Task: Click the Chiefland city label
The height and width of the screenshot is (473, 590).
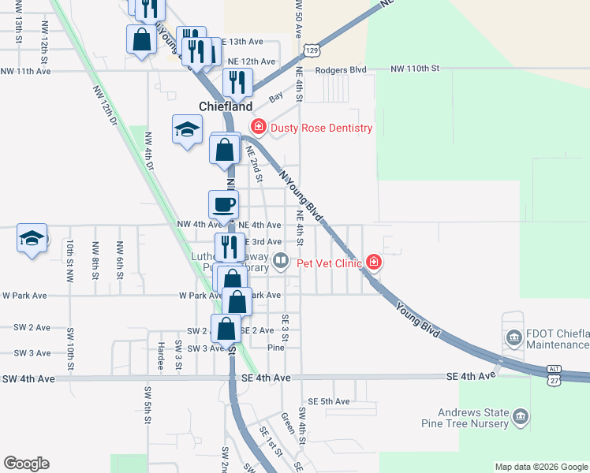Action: (x=226, y=106)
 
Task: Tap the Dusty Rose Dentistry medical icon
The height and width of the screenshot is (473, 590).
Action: (x=258, y=127)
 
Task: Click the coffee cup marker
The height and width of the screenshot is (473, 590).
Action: (x=223, y=205)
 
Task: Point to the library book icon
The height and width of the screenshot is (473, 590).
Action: (x=281, y=260)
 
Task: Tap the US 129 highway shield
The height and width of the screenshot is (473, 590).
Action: (x=313, y=50)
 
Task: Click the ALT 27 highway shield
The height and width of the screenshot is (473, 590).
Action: (x=554, y=375)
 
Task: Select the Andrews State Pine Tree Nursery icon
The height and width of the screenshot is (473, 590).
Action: (x=520, y=415)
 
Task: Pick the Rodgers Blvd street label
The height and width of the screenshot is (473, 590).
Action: (x=342, y=69)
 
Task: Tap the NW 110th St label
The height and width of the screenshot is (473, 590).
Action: (x=415, y=69)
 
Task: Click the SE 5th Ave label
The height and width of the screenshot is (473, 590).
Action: (x=329, y=401)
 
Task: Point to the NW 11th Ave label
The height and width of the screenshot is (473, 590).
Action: (x=26, y=71)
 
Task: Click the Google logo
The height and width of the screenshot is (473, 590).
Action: (x=26, y=464)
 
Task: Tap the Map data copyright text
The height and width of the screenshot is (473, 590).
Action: (x=540, y=467)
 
